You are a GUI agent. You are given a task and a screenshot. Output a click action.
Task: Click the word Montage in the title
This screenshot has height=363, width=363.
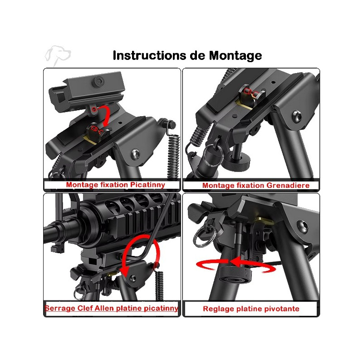point(235,56)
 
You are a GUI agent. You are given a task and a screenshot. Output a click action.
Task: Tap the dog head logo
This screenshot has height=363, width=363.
point(58,55)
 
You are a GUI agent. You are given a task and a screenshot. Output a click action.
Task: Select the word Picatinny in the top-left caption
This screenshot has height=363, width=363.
point(147,185)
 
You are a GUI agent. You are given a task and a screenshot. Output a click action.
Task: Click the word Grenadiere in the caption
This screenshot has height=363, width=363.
point(288,186)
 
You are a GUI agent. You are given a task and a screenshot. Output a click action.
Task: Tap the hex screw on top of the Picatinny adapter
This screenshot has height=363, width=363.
point(99,81)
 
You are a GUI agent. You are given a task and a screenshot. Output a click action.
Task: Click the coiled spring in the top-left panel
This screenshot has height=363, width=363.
point(174,157)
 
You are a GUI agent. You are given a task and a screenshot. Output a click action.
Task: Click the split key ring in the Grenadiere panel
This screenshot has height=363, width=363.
point(213,155)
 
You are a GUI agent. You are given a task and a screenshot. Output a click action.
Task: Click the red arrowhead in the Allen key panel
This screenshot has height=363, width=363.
point(125,271)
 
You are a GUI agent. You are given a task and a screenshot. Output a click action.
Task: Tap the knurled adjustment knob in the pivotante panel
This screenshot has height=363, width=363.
point(235,275)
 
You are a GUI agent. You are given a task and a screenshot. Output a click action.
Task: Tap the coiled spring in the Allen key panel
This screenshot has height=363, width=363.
point(159,285)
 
